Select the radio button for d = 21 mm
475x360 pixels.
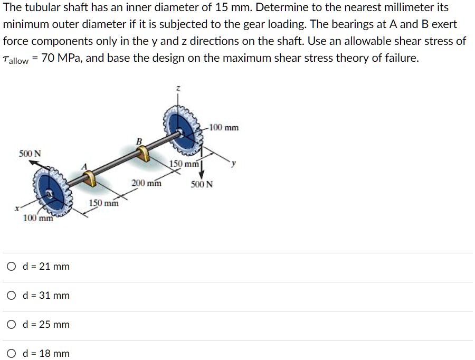coord(11,267)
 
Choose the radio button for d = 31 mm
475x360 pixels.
coord(11,296)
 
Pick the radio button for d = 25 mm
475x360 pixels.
coord(11,325)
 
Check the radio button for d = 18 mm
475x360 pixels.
coord(11,354)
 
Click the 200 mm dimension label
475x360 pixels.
coord(147,184)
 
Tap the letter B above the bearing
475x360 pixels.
coord(139,141)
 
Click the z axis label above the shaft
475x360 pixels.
coord(178,91)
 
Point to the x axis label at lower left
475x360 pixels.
coord(18,210)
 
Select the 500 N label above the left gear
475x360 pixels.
coord(30,154)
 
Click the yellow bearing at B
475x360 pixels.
coord(142,154)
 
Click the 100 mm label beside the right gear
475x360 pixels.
coord(224,127)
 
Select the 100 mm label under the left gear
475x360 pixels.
coord(38,218)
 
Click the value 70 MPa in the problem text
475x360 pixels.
coord(60,58)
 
